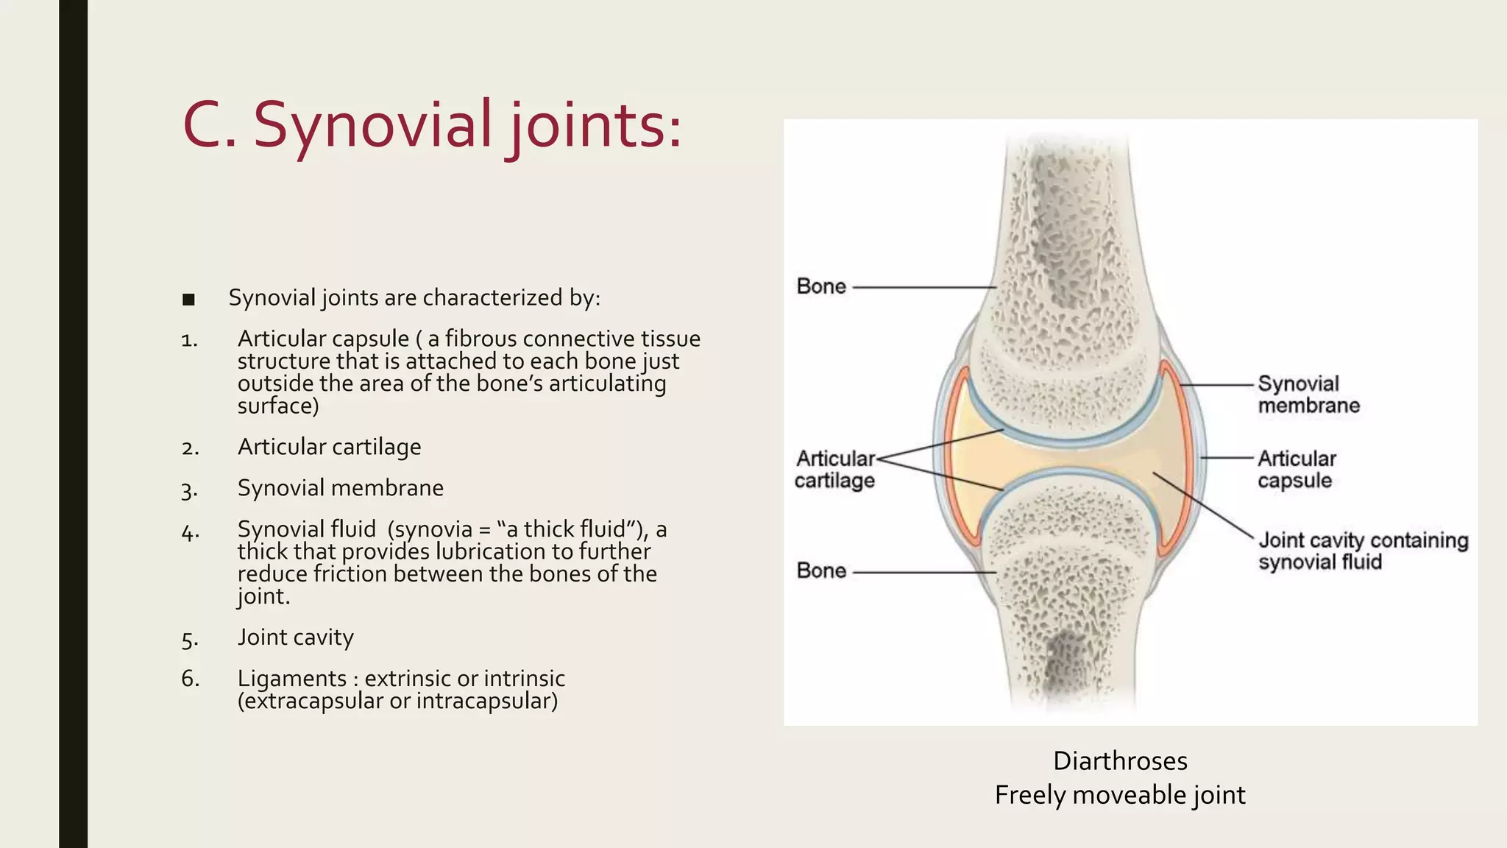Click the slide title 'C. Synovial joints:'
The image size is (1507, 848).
pyautogui.click(x=432, y=125)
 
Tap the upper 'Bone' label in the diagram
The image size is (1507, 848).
pyautogui.click(x=821, y=286)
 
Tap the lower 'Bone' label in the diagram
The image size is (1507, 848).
pyautogui.click(x=821, y=571)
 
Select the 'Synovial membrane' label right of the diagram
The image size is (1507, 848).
pyautogui.click(x=1308, y=395)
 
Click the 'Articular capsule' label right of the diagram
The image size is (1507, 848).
pyautogui.click(x=1296, y=470)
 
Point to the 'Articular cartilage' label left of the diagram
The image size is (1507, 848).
pyautogui.click(x=835, y=470)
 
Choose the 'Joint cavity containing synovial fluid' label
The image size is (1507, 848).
pyautogui.click(x=1363, y=551)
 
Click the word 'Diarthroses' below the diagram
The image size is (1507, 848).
pyautogui.click(x=1120, y=761)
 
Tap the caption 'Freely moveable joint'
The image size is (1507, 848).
pyautogui.click(x=1120, y=796)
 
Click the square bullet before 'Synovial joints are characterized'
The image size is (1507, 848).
pyautogui.click(x=188, y=300)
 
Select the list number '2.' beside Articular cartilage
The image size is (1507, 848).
pyautogui.click(x=190, y=448)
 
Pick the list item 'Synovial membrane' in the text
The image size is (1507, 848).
pyautogui.click(x=340, y=488)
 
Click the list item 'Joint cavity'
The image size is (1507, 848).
pyautogui.click(x=295, y=637)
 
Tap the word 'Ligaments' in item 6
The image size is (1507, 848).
pyautogui.click(x=291, y=679)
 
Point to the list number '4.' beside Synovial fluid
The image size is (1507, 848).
pyautogui.click(x=190, y=532)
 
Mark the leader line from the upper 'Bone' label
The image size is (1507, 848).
pyautogui.click(x=923, y=287)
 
